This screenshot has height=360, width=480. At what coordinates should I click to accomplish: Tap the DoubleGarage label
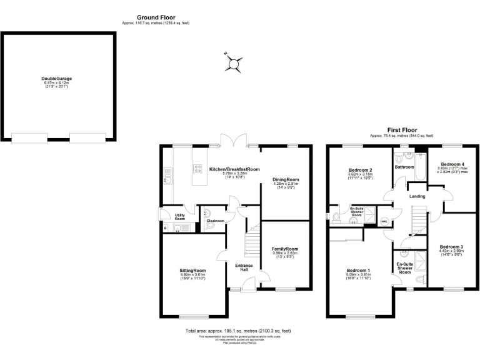(x=57, y=79)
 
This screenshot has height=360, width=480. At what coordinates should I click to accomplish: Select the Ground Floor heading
(x=156, y=17)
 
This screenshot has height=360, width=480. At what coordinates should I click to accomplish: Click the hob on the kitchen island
(x=198, y=167)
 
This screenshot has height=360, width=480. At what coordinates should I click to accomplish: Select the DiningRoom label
(x=286, y=179)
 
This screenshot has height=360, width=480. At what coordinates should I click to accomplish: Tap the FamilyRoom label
(x=285, y=249)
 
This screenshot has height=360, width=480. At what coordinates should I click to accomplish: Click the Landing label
(x=417, y=196)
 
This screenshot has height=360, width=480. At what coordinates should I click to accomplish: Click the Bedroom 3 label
(x=451, y=246)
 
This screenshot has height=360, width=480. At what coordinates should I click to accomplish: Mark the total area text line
(x=238, y=330)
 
